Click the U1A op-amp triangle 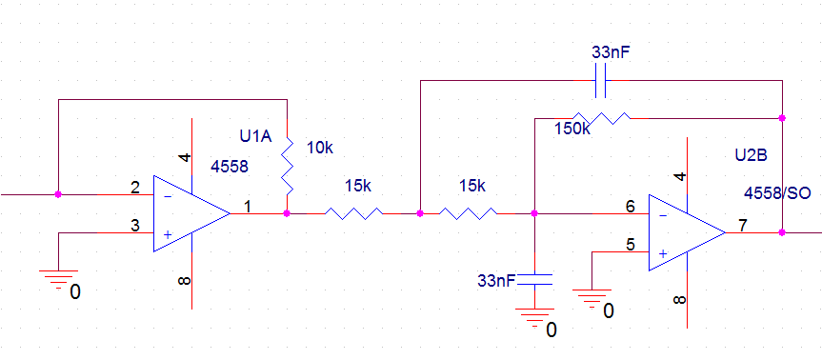tap(191, 213)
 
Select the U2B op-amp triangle tap(687, 232)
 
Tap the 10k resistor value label tap(320, 149)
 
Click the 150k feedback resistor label tap(572, 129)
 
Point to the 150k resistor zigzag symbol tap(601, 118)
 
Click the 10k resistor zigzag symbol tap(287, 165)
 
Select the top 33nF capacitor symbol tap(601, 80)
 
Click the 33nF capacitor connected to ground tap(534, 279)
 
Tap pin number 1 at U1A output tap(248, 207)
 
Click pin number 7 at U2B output tap(743, 226)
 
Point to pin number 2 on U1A tap(135, 187)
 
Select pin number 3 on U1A tap(135, 226)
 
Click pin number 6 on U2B tap(631, 207)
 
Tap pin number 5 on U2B tap(631, 244)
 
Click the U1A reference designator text tap(255, 137)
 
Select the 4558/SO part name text tap(777, 193)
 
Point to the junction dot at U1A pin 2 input tap(58, 194)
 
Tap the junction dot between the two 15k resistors tap(420, 213)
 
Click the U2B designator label tap(752, 155)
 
